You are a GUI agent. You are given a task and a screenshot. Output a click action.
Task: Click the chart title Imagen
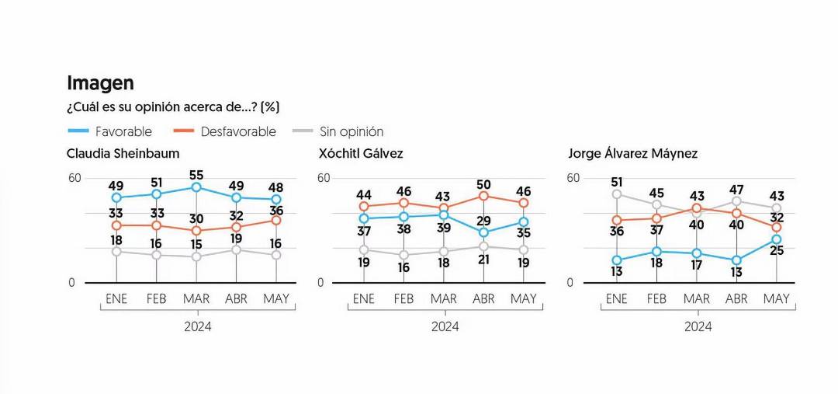[x=100, y=83]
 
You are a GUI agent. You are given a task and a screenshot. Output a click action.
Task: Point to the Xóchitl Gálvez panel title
[x=361, y=154]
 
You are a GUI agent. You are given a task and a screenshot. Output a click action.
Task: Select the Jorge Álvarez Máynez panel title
[x=632, y=154]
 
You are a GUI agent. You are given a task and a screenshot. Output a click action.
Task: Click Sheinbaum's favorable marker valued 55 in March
[x=196, y=187]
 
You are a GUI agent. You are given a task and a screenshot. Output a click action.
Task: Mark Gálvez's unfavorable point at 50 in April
[x=483, y=196]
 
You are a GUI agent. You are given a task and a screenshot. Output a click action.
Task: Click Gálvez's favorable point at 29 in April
[x=483, y=232]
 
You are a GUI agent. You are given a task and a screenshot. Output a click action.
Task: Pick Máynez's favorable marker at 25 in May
[x=777, y=239]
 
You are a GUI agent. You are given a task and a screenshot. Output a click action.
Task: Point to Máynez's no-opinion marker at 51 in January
[x=617, y=194]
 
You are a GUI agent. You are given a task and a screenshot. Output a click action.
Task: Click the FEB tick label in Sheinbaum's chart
[x=157, y=299]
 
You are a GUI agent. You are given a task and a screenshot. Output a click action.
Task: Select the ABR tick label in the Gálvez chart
[x=483, y=299]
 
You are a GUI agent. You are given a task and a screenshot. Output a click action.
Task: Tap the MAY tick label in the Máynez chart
[x=777, y=299]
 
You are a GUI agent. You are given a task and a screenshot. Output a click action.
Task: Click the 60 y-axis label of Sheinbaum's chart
[x=74, y=178]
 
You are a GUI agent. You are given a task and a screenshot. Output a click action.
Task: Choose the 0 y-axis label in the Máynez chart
[x=570, y=283]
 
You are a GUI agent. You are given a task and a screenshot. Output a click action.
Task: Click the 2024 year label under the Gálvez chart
[x=445, y=326]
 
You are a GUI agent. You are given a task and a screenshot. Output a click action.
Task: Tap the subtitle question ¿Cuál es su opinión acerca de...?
[x=173, y=107]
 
